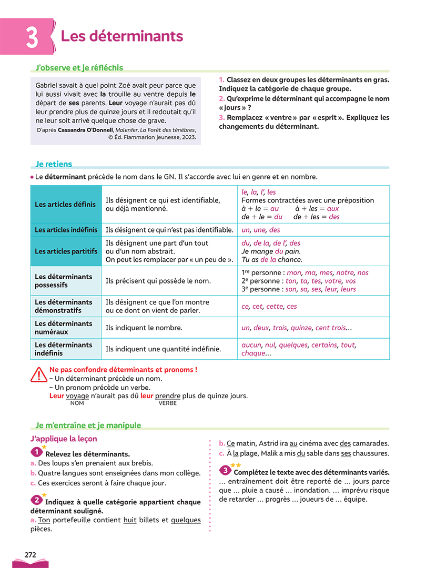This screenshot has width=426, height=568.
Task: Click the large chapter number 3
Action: (32, 37)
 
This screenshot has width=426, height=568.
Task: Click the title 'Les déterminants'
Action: (122, 36)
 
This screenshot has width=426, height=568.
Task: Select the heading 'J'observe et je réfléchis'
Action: (79, 68)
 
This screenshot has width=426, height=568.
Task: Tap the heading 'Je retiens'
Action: (54, 164)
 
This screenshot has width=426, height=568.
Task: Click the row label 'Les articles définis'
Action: (65, 204)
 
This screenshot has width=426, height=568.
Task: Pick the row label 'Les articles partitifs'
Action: (66, 251)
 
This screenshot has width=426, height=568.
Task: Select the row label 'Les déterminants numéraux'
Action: (63, 328)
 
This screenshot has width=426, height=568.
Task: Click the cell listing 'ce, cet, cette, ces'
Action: (269, 307)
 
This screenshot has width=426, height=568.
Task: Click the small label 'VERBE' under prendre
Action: (168, 403)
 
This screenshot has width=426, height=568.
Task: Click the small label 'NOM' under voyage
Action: (77, 403)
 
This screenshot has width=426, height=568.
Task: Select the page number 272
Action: (31, 554)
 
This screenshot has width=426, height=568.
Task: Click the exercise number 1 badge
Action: (36, 452)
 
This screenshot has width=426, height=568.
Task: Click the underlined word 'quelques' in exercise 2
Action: (186, 520)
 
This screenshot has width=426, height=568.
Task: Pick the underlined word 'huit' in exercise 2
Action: (130, 520)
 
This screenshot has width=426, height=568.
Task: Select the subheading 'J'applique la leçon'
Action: (64, 439)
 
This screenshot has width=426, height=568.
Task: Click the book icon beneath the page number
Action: (31, 563)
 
